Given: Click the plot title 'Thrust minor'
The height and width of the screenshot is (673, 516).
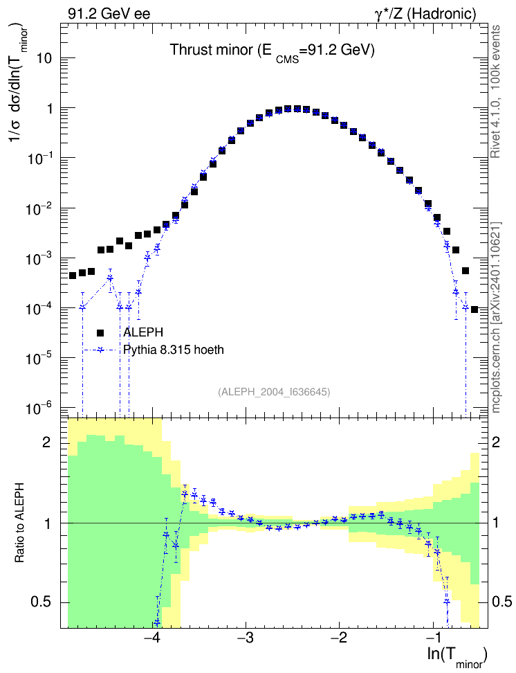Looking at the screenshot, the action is click(212, 50).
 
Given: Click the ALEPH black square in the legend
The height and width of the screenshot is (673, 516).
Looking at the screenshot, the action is click(100, 332).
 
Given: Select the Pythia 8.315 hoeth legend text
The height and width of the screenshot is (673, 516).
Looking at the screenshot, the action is click(174, 350).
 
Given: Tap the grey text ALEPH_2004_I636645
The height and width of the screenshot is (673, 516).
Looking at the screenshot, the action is click(274, 392).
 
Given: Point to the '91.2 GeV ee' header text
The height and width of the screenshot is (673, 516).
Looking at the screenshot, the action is click(109, 14).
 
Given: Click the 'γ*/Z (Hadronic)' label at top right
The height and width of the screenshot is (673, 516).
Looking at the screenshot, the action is click(425, 14).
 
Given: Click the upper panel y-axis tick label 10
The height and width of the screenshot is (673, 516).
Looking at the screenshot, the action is click(44, 58).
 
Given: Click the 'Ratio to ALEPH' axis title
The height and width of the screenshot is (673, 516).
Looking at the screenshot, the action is click(19, 523).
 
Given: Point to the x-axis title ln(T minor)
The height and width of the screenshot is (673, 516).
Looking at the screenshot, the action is click(457, 656).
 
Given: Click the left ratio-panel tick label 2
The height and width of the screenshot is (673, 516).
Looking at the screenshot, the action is click(46, 442).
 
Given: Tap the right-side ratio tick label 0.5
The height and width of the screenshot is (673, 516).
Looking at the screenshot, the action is click(502, 602).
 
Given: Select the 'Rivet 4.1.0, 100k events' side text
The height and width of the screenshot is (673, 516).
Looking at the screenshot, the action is click(495, 91).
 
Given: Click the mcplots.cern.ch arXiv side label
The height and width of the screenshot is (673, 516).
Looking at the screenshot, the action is click(495, 318).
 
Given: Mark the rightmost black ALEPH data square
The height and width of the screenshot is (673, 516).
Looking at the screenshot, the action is click(474, 309).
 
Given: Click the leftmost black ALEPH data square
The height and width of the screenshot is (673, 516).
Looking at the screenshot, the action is click(73, 276).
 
